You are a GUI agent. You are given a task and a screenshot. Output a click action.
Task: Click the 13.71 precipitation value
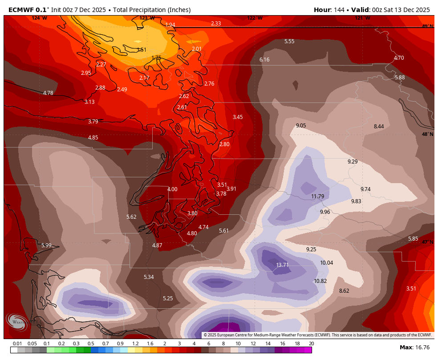282,265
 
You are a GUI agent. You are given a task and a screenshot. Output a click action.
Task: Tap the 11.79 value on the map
317,196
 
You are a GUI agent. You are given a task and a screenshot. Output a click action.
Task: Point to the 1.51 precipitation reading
142,50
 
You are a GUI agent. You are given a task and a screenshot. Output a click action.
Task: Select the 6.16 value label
264,60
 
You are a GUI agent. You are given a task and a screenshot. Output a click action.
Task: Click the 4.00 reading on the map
172,189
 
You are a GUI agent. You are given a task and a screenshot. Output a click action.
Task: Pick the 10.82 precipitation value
320,281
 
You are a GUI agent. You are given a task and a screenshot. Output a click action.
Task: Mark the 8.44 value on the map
379,127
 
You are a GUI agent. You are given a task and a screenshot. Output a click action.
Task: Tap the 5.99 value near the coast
46,245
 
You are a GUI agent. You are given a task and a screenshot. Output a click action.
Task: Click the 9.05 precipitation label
301,126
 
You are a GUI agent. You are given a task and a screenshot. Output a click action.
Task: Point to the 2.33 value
216,24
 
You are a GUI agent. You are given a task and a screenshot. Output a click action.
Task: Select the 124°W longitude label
39,18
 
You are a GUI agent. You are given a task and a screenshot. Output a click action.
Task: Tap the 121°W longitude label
362,18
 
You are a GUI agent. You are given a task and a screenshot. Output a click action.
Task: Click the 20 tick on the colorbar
311,344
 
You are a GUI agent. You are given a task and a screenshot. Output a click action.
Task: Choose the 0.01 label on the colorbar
18,344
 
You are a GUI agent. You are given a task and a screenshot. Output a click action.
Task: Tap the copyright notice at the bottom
318,335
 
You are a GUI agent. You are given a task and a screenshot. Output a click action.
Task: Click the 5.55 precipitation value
289,41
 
